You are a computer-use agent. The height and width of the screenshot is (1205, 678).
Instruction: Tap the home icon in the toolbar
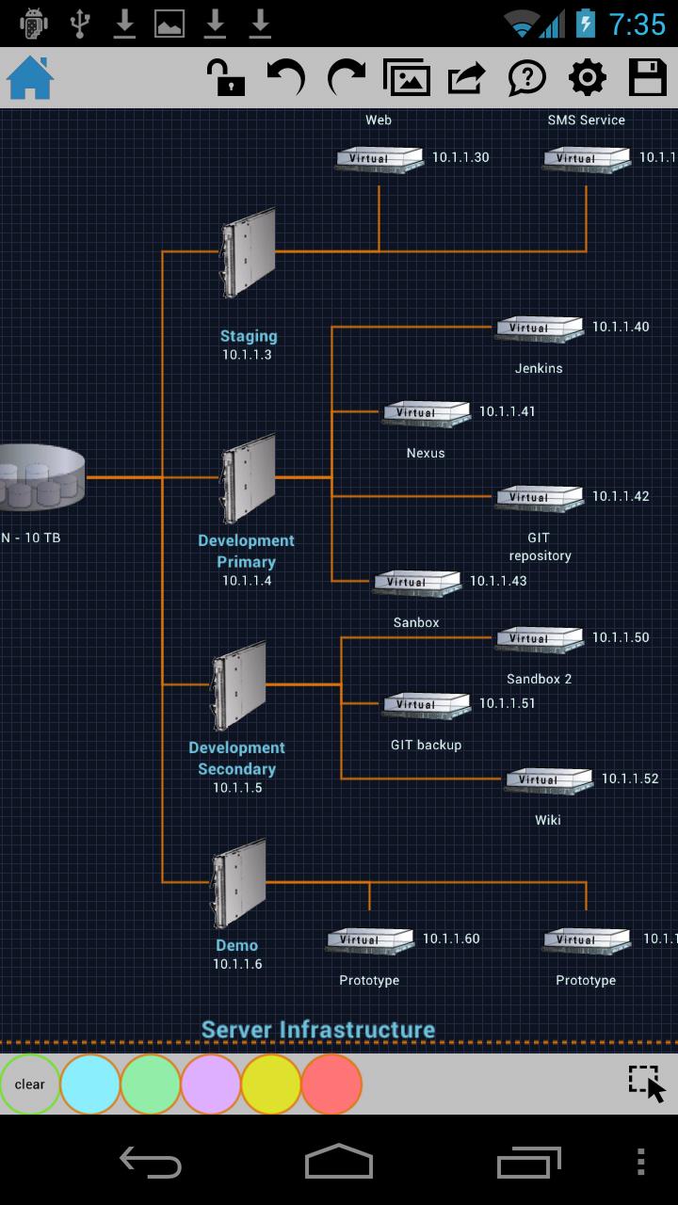30,77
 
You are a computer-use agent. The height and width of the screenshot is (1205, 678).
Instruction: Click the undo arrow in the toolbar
285,77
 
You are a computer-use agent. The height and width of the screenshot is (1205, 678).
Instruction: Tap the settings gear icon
588,77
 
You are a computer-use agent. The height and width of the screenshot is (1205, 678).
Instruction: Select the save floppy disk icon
648,77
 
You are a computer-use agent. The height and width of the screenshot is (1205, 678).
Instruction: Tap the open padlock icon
226,77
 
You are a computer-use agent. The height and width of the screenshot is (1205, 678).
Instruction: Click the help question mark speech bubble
527,77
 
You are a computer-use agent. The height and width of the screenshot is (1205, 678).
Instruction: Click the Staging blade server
249,252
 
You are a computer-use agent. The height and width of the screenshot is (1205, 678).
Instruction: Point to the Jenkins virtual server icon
540,329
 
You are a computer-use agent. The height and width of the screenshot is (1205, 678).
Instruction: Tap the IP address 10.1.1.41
507,411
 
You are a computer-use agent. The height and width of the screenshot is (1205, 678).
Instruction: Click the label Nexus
426,453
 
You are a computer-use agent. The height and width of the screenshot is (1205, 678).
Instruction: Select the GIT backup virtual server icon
426,705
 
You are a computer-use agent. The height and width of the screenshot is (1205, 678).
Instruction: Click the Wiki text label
548,820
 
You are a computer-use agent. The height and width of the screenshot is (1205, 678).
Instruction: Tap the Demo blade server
238,883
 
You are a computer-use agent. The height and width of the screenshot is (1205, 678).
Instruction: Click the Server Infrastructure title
318,1030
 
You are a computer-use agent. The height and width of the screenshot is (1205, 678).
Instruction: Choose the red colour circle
331,1084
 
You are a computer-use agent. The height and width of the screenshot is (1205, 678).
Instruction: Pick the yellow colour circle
271,1084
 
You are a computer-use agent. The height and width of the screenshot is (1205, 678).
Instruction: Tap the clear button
30,1084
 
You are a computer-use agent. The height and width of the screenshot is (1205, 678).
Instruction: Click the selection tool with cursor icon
647,1084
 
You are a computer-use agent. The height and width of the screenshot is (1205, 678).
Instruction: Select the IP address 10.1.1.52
630,779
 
